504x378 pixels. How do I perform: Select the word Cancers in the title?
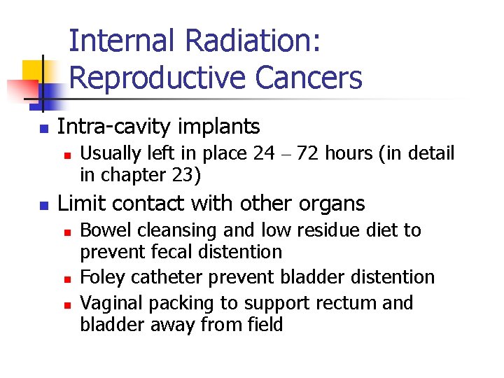pos(309,78)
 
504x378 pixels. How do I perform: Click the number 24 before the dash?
pos(264,153)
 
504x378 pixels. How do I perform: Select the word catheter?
pos(161,277)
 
